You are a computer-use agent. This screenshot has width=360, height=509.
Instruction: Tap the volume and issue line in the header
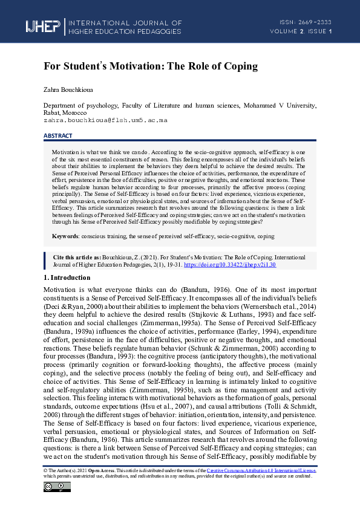(x=301, y=31)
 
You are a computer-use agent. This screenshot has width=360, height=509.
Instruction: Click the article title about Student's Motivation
(x=151, y=65)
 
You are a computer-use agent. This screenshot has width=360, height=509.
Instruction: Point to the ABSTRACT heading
(x=58, y=135)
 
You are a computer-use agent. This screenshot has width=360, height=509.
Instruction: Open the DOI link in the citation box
(x=229, y=264)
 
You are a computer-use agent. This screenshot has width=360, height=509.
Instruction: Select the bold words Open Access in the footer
(x=91, y=470)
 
